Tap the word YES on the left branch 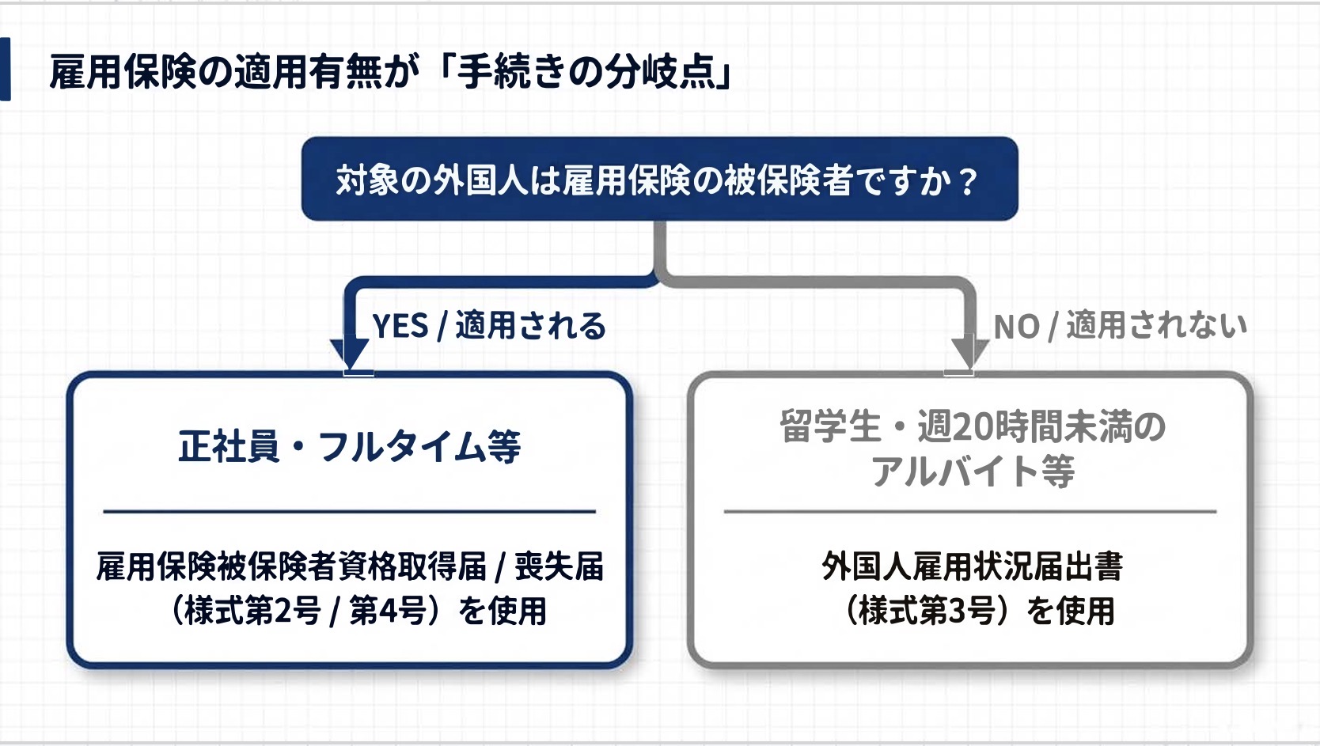[400, 326]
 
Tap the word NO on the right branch [1017, 327]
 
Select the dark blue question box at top [659, 179]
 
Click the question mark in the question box [968, 181]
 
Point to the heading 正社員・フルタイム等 [350, 446]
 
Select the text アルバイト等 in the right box [973, 471]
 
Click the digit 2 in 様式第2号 [283, 611]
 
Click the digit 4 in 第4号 [389, 611]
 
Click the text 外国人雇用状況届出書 [973, 567]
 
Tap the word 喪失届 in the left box [559, 567]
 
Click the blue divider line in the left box [350, 512]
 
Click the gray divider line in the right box [970, 512]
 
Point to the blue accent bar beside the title [6, 69]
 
